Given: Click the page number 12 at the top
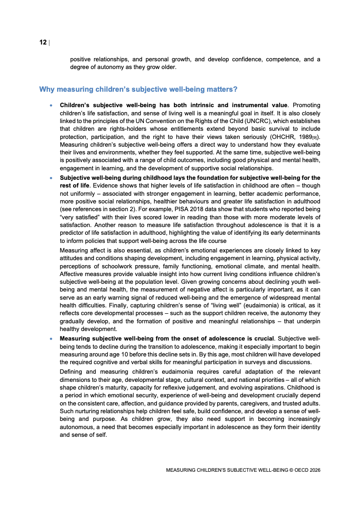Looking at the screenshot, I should [x=43, y=42].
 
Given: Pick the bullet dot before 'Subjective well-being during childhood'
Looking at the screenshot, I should [x=51, y=178].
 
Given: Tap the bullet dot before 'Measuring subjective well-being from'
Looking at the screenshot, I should [x=51, y=339].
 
